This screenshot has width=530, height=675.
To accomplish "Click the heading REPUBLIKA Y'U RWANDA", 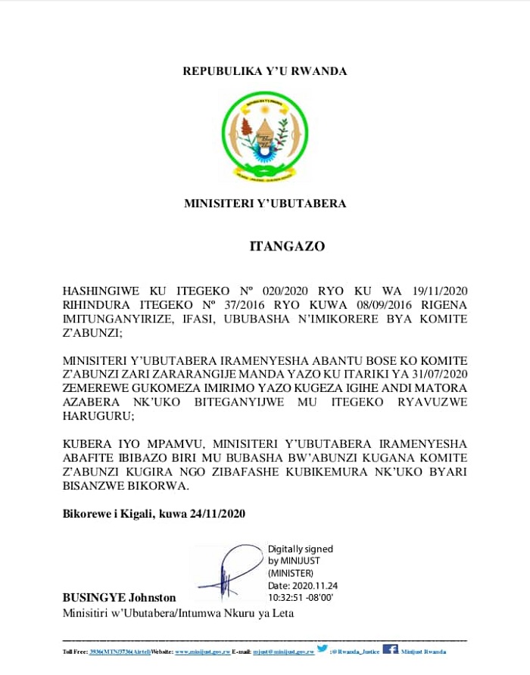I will point(264,71).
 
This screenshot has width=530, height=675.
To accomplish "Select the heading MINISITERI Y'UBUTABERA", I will point(264,204).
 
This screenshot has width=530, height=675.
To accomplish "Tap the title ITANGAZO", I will point(288,246).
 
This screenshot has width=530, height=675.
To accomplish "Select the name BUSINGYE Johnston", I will point(119,598).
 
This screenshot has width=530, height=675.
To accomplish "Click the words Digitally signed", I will point(301,549).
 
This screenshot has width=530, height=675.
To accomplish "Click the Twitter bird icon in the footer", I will point(322,649).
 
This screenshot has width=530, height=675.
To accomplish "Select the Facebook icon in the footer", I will point(390,649).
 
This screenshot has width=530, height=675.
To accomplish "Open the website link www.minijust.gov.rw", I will point(202,652).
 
